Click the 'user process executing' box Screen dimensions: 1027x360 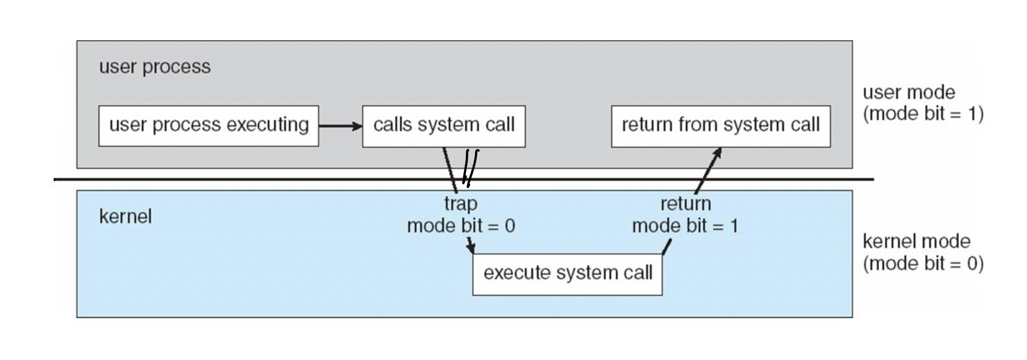click(x=208, y=126)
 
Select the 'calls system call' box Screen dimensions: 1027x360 click(x=444, y=126)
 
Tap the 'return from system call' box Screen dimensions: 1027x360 click(x=721, y=126)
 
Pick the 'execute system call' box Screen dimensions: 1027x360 click(x=567, y=274)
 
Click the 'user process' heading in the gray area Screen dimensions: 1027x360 click(x=155, y=67)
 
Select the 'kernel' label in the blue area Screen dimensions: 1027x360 click(x=125, y=216)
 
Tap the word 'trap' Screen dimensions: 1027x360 click(x=461, y=204)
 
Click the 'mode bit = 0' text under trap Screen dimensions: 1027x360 click(x=461, y=226)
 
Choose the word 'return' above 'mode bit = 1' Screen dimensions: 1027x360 click(x=685, y=204)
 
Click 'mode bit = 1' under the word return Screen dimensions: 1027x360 click(x=685, y=226)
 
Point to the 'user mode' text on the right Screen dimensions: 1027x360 click(x=909, y=92)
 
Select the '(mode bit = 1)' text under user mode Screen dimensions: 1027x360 click(x=923, y=114)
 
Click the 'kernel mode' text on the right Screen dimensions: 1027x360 click(x=916, y=241)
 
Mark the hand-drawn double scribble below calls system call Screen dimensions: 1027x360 click(x=470, y=168)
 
